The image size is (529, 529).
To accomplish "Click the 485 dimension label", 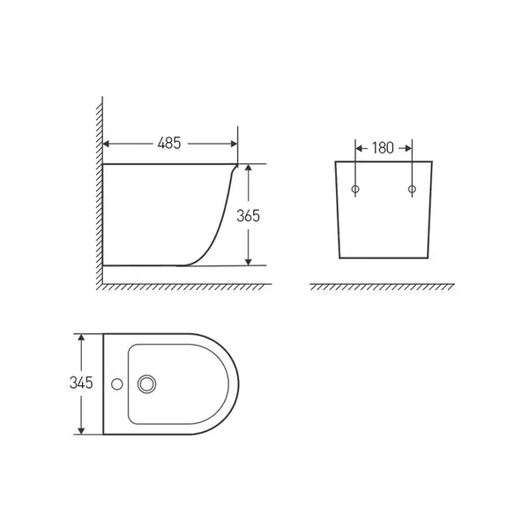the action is coord(169,143).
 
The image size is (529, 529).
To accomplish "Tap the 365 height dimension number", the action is coord(248,216).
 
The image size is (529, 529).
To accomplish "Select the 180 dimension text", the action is coord(383,148).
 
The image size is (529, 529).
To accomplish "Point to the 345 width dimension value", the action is coord(81,383).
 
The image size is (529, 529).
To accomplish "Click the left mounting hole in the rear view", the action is coord(355,189).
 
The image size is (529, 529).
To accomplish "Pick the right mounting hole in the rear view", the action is coord(412,189).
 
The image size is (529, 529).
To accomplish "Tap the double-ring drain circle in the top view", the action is coord(146,384).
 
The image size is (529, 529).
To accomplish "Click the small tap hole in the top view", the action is coord(117,384).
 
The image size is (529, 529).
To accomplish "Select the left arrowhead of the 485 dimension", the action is coord(106,144).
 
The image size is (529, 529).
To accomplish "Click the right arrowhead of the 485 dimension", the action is coord(234,144).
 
